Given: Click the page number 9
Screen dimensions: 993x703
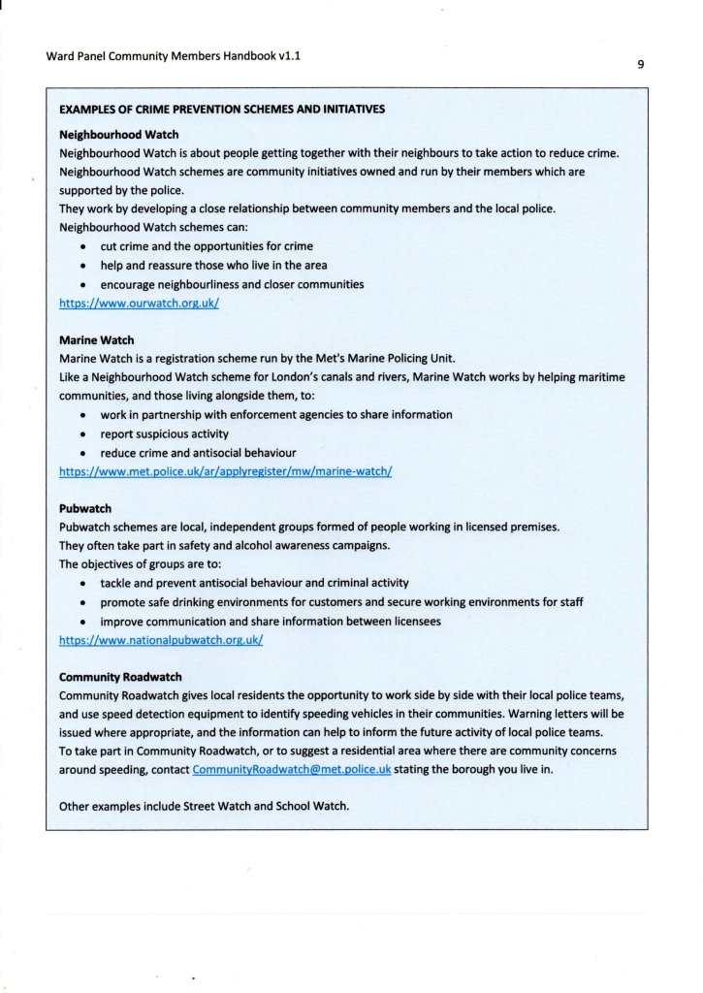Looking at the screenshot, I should tap(641, 65).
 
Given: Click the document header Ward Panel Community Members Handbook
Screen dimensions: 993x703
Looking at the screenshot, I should tap(173, 56).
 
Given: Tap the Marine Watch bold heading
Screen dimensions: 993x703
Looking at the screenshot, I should tap(97, 340).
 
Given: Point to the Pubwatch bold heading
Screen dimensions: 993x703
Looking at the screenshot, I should tap(85, 508).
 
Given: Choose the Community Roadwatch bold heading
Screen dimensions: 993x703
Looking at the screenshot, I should tap(120, 677).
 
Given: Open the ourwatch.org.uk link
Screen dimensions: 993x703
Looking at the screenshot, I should tap(140, 303).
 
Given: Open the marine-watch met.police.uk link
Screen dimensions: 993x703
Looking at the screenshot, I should tap(225, 471).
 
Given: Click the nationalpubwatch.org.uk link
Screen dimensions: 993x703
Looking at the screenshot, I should tap(161, 640).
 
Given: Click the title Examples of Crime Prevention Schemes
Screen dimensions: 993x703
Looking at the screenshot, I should tap(222, 109).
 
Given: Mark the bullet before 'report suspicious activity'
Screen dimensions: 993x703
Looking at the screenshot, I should tap(85, 434).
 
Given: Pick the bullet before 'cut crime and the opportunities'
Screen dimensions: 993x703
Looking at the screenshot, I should tap(85, 246).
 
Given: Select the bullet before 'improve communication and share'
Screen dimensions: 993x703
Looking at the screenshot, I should tap(85, 622).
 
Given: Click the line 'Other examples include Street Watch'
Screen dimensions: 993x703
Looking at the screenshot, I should tap(204, 806).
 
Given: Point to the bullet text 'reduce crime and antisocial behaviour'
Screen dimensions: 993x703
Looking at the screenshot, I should tap(198, 453).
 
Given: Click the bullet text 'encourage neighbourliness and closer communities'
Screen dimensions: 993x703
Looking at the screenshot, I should tap(232, 284).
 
